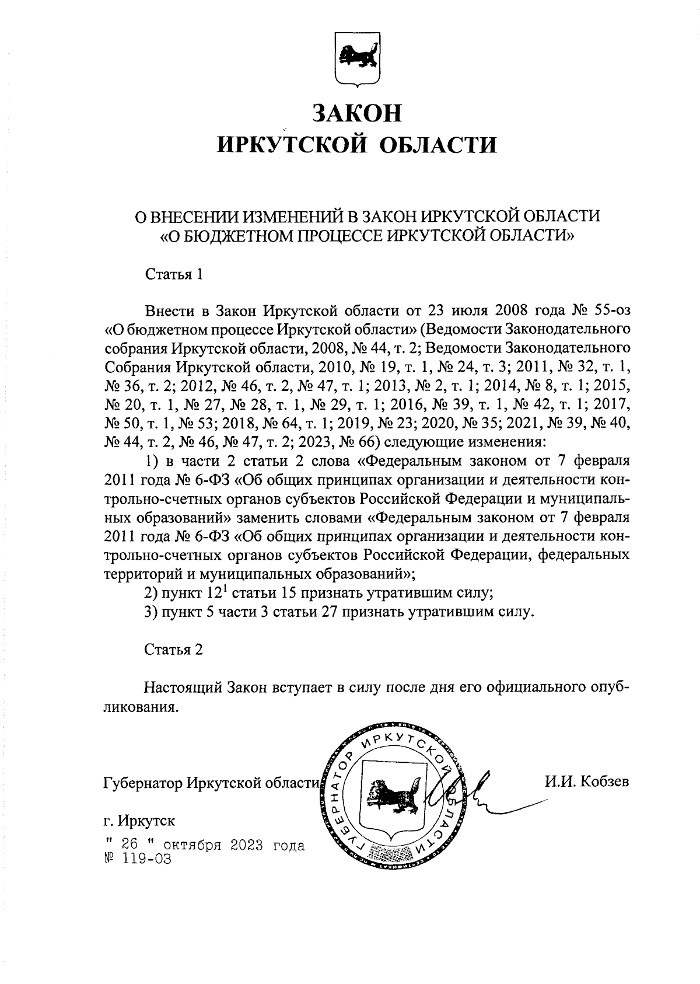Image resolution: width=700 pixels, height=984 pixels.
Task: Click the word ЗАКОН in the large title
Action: [357, 112]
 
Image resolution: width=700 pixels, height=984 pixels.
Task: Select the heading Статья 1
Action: [174, 274]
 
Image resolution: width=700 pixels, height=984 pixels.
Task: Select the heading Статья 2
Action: [174, 650]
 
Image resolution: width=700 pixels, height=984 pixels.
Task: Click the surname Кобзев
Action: [605, 781]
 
